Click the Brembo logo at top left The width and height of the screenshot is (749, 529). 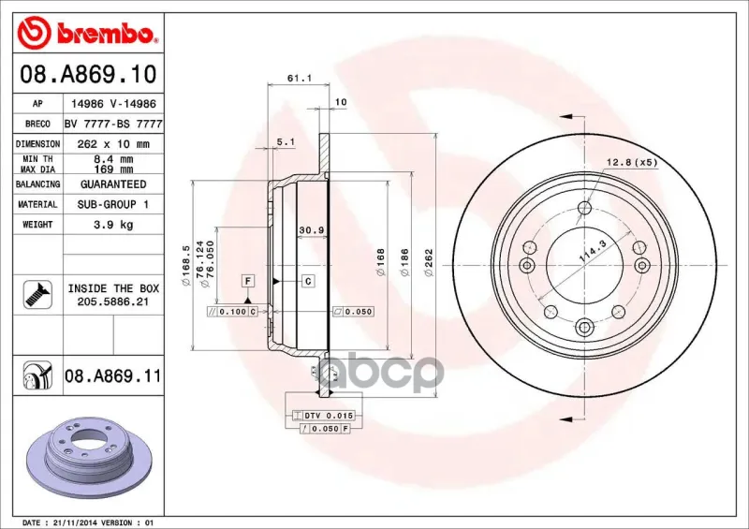[87, 33]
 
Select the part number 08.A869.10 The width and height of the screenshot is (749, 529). [88, 74]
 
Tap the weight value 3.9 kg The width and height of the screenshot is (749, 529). [113, 225]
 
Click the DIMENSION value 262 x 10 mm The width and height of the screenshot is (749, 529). [113, 144]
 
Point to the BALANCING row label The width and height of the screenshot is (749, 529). [37, 184]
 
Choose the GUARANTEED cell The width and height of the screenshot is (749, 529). [113, 184]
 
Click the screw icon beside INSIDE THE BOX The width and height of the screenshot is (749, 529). [37, 294]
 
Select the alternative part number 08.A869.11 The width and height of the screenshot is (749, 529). [112, 376]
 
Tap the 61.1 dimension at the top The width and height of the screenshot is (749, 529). [300, 78]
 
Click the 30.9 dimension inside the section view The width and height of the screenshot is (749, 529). [312, 230]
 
